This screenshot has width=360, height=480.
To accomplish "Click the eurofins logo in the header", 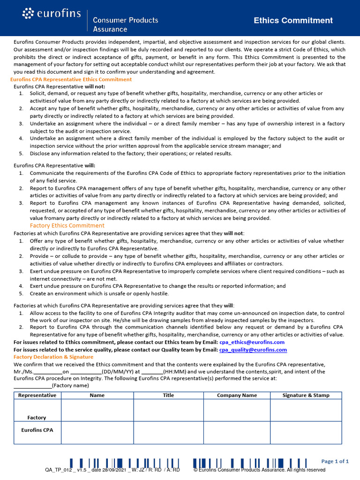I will [x=52, y=15].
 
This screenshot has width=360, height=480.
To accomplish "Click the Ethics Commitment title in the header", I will [x=293, y=20].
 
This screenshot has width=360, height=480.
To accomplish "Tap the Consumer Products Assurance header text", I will [x=125, y=24].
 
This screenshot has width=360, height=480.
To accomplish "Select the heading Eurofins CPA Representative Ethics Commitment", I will [x=71, y=80].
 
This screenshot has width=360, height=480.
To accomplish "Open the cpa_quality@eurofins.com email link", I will [x=253, y=350].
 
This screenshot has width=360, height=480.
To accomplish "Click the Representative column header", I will [x=37, y=395].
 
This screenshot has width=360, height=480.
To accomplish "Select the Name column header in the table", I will [x=97, y=395].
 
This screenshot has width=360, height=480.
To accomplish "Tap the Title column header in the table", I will [x=168, y=395].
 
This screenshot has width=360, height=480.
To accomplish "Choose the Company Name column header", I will [x=237, y=395].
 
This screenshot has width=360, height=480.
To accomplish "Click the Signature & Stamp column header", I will [x=306, y=395].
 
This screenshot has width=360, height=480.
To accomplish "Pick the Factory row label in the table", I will [x=37, y=417].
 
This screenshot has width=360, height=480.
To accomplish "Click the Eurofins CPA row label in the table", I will [x=37, y=429].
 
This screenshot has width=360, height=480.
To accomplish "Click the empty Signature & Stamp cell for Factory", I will [x=306, y=410].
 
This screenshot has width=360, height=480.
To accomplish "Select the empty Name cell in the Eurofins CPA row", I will [x=97, y=433].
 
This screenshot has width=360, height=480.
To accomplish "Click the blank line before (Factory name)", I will [x=32, y=385].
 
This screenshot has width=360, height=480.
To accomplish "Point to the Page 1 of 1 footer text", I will [x=335, y=461].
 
